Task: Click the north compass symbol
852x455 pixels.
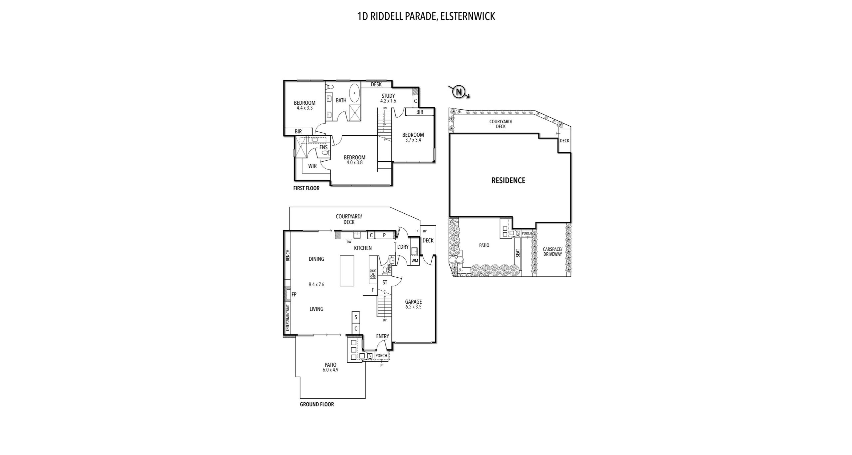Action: point(459,91)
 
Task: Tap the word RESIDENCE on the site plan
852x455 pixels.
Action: point(508,180)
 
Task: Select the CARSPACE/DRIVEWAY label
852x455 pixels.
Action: point(552,252)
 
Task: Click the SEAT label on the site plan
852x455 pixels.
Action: point(518,253)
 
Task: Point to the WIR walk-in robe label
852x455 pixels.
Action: point(312,166)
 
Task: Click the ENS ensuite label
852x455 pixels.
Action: point(323,147)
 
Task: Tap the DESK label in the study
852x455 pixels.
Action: point(376,85)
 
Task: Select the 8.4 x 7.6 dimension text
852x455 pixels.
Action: point(316,285)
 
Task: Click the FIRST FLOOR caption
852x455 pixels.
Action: point(306,188)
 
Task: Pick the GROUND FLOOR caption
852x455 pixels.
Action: point(317,404)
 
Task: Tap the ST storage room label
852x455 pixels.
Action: point(385,283)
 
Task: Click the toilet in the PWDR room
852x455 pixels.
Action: point(385,270)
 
